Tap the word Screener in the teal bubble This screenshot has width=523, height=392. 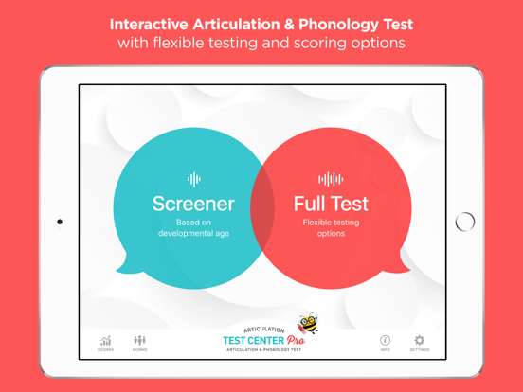pyautogui.click(x=193, y=204)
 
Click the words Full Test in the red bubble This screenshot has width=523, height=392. pyautogui.click(x=331, y=204)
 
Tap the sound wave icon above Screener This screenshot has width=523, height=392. pyautogui.click(x=193, y=179)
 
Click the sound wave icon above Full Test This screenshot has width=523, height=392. pyautogui.click(x=331, y=179)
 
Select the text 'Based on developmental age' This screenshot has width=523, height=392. pyautogui.click(x=193, y=228)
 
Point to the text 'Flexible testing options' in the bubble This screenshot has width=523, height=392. pyautogui.click(x=331, y=228)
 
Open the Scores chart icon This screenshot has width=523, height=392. pyautogui.click(x=105, y=341)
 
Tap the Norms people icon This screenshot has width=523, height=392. pyautogui.click(x=140, y=340)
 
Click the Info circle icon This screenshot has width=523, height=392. pyautogui.click(x=386, y=340)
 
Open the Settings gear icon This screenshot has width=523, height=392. pyautogui.click(x=419, y=340)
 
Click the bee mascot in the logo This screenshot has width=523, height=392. pyautogui.click(x=307, y=325)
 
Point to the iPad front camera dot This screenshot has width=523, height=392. pyautogui.click(x=60, y=223)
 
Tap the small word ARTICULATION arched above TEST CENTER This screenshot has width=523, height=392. pyautogui.click(x=262, y=330)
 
